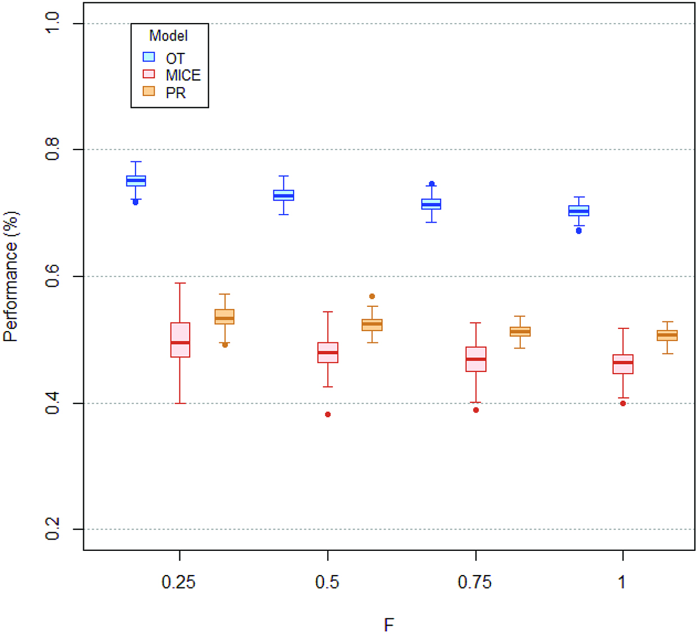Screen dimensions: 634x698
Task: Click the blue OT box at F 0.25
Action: point(136,180)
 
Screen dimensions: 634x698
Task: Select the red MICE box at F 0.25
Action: point(180,339)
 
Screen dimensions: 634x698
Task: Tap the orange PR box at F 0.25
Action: point(224,316)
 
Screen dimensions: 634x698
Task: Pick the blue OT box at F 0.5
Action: point(283,195)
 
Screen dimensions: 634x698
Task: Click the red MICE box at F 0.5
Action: point(328,352)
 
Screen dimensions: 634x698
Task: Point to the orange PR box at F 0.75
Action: point(520,332)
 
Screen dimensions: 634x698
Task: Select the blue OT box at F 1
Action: point(579,211)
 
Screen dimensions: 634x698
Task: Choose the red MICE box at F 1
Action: point(623,364)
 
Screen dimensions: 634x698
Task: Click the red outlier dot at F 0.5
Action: point(328,415)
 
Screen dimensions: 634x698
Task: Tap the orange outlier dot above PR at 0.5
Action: point(372,296)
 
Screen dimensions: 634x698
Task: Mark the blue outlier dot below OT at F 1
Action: point(579,230)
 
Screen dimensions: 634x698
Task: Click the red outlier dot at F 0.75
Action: point(476,410)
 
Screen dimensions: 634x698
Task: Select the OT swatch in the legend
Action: point(148,57)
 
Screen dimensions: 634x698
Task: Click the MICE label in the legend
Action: point(183,75)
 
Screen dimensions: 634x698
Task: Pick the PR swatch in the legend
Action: point(148,92)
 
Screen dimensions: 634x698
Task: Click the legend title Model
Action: point(168,36)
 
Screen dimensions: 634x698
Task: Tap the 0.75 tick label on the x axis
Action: point(475,582)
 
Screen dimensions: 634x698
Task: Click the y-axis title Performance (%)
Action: point(11,277)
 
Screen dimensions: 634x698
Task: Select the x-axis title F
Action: point(389,624)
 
